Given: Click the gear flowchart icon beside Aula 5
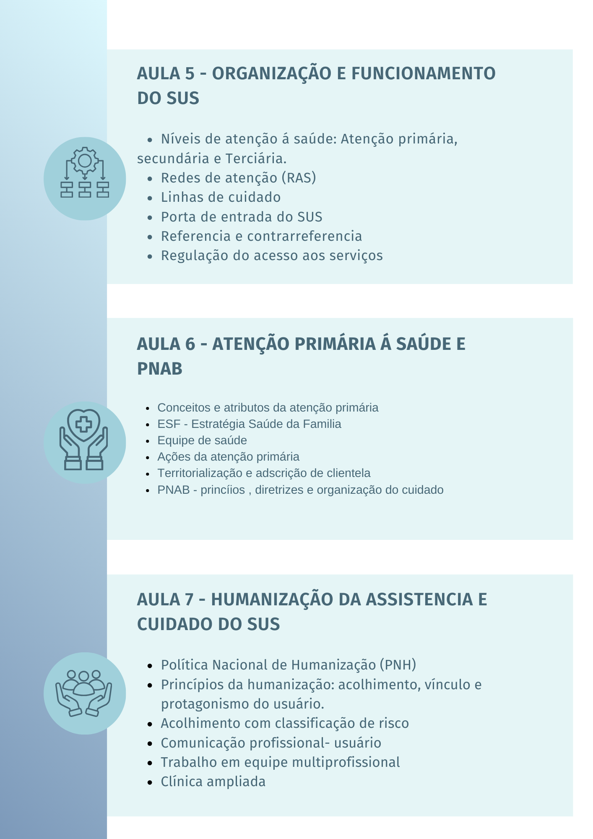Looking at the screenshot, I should [85, 178].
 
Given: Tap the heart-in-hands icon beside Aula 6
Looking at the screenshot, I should [85, 442].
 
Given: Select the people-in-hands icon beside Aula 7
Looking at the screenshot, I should [85, 693].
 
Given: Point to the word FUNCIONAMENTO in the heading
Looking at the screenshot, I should [423, 74].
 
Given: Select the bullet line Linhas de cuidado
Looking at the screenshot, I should [221, 197].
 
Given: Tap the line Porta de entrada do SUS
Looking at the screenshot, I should [242, 217].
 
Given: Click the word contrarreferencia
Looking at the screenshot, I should [304, 236].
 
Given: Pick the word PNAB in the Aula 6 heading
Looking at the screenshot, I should [160, 369].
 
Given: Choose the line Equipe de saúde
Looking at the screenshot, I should [202, 440].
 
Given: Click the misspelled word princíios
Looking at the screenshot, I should [223, 490].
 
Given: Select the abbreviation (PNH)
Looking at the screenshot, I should [398, 665].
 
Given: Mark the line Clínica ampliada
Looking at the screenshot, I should [213, 782].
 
